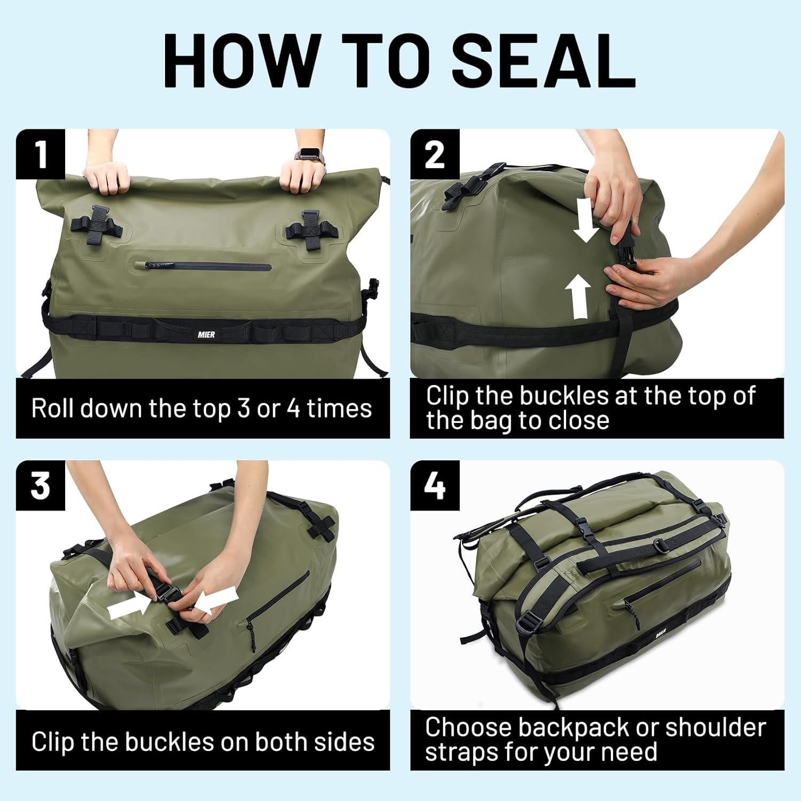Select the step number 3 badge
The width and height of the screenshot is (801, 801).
pyautogui.click(x=41, y=485)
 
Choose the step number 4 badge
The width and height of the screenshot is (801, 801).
pyautogui.click(x=434, y=485)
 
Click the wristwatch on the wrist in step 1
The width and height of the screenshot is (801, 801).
pyautogui.click(x=307, y=155)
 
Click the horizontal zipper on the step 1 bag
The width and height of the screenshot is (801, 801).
pyautogui.click(x=208, y=265)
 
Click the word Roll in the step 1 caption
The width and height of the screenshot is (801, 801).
pyautogui.click(x=52, y=409)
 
